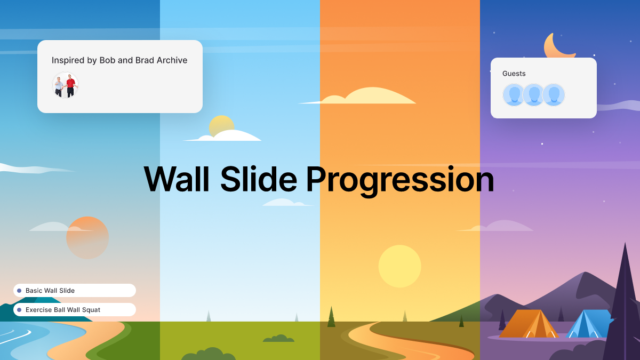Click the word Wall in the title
tap(177, 179)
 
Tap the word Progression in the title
tap(399, 180)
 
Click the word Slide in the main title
tap(258, 179)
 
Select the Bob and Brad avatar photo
tap(65, 85)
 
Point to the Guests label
tap(514, 74)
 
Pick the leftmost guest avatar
tap(514, 95)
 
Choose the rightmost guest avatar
tap(554, 95)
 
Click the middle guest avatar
tap(534, 95)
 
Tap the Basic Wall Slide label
tap(50, 291)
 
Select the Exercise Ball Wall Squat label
tap(63, 310)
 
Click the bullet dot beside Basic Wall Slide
tap(19, 291)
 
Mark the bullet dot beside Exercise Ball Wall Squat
tap(19, 310)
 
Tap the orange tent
tap(528, 324)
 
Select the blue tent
tap(587, 324)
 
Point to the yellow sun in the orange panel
tap(399, 266)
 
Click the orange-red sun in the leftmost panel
tap(87, 238)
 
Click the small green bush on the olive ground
tap(278, 339)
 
